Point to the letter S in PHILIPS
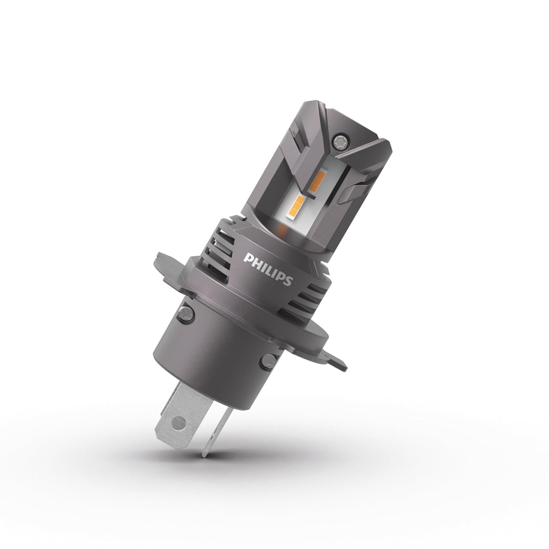(287, 280)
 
